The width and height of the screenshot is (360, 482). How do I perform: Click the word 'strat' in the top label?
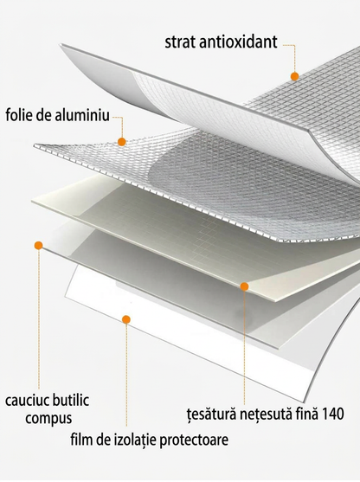point(180,42)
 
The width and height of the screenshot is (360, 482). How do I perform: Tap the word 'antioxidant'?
point(238,42)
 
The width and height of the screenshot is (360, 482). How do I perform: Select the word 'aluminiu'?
point(82,115)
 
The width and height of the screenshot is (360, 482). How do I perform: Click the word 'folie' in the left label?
point(18,115)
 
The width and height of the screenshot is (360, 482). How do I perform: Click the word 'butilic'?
point(70,400)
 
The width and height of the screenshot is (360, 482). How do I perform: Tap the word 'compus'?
point(48,419)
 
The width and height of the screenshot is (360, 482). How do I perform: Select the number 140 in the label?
point(333,414)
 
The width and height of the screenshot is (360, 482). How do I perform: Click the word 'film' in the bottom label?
point(81,440)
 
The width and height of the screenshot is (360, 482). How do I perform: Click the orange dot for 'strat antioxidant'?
point(294,76)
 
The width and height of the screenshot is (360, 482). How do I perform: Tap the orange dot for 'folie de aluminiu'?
point(122,142)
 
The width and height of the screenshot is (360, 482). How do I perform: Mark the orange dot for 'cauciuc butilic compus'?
point(38,245)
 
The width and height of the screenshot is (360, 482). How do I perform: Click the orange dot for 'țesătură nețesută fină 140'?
point(244,286)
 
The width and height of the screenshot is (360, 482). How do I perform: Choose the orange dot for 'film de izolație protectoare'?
point(126,319)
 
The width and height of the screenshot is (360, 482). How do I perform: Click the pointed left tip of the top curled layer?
point(60,45)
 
